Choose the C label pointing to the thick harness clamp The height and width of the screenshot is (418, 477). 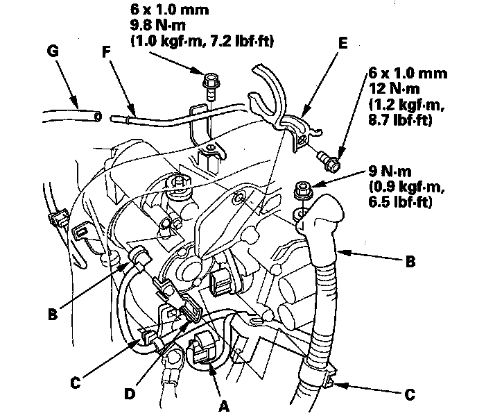coord(409,394)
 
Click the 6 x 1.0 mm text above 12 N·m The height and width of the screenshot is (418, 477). coord(400,73)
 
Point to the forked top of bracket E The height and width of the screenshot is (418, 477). coord(262,76)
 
